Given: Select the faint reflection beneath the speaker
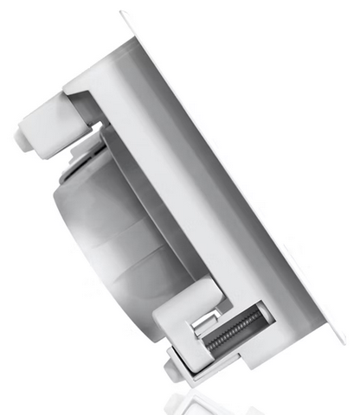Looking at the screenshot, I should point(208,400).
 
